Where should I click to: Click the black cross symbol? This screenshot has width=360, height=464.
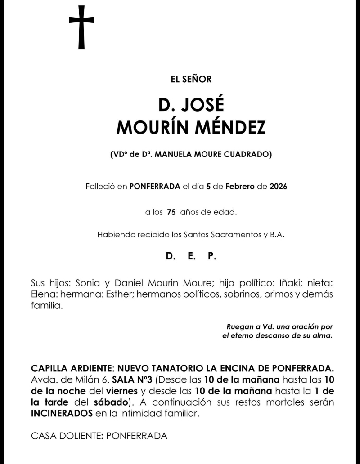click(81, 27)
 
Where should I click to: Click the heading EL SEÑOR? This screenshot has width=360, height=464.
click(191, 79)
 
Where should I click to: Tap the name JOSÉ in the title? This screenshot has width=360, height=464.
click(201, 105)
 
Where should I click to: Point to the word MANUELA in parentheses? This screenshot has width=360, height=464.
click(175, 155)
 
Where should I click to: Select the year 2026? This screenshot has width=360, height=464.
click(279, 186)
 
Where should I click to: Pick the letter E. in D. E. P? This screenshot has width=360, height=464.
click(191, 257)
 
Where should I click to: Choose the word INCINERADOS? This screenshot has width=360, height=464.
click(62, 413)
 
